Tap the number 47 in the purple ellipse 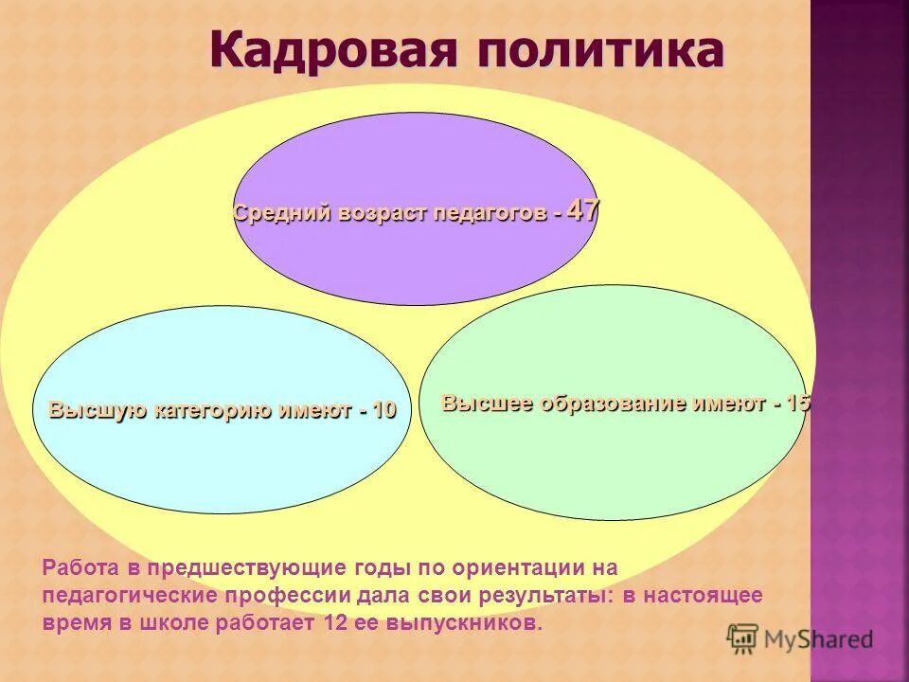tap(583, 210)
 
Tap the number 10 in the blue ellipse tap(383, 411)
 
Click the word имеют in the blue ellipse tap(313, 411)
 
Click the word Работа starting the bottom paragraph tap(79, 568)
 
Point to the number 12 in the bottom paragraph tap(335, 623)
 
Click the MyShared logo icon tap(742, 638)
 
